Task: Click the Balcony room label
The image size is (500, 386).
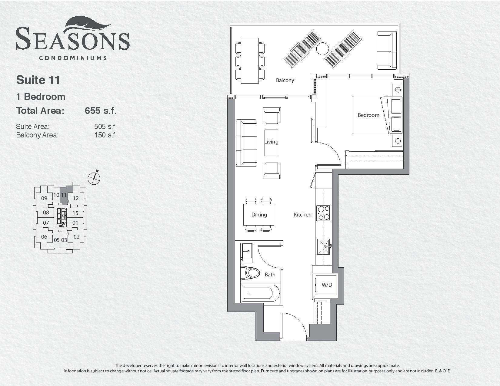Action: [285, 80]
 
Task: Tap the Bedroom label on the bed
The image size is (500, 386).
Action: [368, 115]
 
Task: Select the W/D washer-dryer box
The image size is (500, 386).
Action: [327, 285]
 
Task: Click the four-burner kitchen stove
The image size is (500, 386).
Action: [323, 213]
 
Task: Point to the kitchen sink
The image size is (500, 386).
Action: [324, 247]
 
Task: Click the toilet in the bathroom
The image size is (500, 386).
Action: [251, 273]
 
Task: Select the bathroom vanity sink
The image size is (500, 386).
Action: [246, 253]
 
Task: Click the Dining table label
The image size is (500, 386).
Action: [259, 215]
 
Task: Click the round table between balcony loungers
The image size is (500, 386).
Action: [323, 48]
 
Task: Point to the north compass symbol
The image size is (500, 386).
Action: [94, 177]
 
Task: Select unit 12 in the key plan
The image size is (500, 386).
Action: [76, 198]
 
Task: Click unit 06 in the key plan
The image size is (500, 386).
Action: [44, 236]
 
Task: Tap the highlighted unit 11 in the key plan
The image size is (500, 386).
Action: [66, 195]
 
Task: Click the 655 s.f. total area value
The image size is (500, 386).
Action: [101, 111]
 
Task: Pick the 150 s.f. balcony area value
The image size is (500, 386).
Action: [105, 135]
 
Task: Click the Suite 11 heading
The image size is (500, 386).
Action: [38, 80]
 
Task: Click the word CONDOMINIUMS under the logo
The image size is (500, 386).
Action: [73, 58]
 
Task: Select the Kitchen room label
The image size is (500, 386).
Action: [303, 215]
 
